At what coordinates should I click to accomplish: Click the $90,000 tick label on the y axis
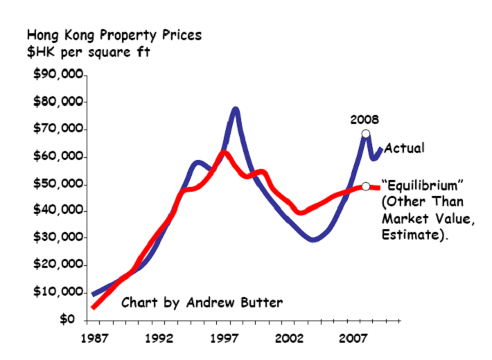(x=58, y=75)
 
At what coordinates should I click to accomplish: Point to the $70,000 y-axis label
(x=58, y=129)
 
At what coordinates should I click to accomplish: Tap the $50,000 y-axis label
(x=58, y=185)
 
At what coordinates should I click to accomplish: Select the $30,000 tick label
(x=58, y=237)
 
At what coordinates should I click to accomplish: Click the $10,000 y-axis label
(x=58, y=292)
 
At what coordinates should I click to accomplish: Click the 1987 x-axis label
(x=94, y=339)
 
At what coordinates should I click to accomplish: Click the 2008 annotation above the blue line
(x=365, y=119)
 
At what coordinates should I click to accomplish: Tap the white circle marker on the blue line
(x=366, y=134)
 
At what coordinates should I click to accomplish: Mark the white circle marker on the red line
(x=366, y=186)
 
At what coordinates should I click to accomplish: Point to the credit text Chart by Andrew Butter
(x=202, y=303)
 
